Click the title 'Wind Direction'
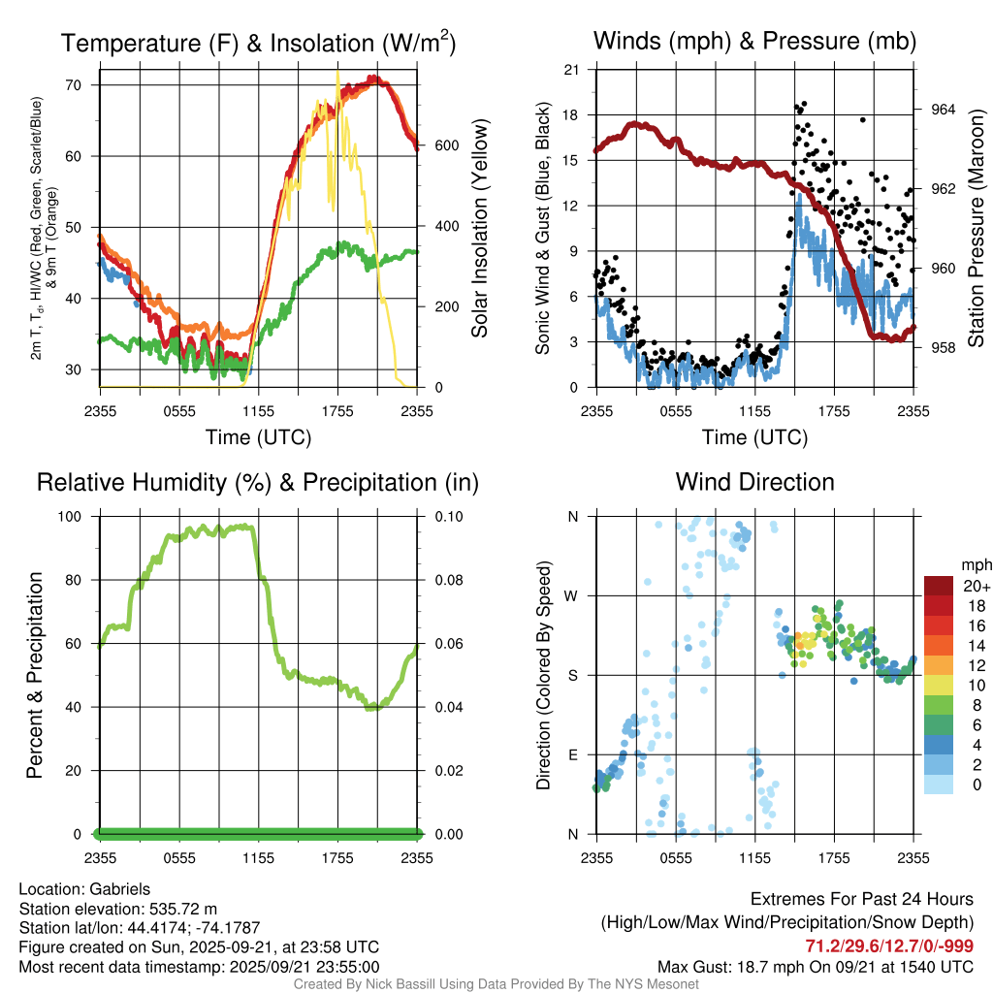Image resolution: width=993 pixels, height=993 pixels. (x=754, y=482)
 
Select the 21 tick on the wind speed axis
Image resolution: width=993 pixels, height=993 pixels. (x=572, y=69)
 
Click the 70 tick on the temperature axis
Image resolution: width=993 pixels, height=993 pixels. (x=84, y=85)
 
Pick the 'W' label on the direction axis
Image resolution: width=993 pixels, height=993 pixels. (x=572, y=595)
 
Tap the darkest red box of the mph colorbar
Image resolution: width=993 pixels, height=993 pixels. (x=939, y=586)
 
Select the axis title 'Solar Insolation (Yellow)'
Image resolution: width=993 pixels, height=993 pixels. (x=480, y=229)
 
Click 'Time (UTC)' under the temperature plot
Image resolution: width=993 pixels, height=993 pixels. (x=258, y=437)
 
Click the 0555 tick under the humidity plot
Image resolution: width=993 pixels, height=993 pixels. (x=179, y=857)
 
